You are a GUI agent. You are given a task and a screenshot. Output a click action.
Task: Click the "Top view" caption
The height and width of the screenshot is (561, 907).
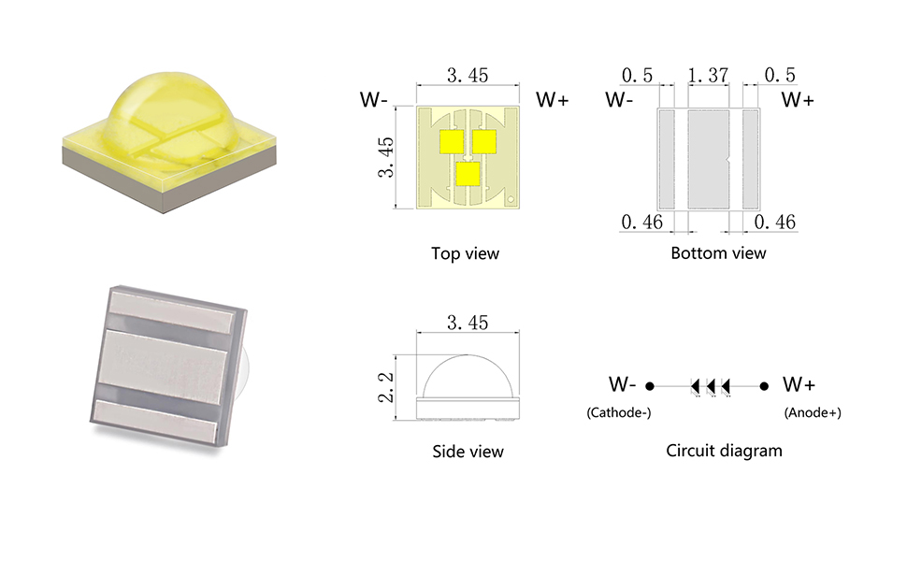point(465,253)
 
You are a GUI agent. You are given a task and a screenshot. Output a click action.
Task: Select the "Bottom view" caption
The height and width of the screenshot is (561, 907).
point(718,252)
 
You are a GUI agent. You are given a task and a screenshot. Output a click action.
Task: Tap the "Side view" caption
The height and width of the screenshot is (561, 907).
point(468,451)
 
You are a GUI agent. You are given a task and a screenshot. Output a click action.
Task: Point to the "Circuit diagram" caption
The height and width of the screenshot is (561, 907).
point(725,451)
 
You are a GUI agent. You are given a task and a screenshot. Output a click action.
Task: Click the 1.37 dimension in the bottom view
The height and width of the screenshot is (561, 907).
point(708,75)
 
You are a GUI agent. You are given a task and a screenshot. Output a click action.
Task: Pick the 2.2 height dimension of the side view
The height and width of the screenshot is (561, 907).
point(386,387)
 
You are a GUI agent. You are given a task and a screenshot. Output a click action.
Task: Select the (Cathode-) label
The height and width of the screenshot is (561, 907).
point(619,412)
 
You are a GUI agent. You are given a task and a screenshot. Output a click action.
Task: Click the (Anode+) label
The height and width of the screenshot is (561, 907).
point(813,412)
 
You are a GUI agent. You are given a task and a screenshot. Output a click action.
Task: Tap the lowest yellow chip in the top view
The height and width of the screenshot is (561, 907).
point(468,174)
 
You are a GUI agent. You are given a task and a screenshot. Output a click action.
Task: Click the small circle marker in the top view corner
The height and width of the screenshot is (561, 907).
point(511,199)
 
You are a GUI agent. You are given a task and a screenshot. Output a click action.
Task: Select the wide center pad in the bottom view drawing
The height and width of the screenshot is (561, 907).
point(709,160)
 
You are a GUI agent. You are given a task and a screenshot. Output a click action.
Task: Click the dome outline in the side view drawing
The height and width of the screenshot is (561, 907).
point(468,355)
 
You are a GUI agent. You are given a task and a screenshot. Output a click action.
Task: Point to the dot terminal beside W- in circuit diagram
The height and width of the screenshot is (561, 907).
point(650,386)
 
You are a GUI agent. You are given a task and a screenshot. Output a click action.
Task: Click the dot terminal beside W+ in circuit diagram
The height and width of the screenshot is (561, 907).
point(764,386)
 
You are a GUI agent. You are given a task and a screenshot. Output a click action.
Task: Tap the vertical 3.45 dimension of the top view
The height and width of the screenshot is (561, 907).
point(386,157)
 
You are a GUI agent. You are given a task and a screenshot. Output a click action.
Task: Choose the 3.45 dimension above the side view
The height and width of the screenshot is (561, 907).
point(468,323)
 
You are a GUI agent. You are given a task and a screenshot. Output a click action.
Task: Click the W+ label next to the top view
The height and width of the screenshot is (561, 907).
point(553,99)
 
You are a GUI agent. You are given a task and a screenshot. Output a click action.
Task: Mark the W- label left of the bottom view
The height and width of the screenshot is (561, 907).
point(620,99)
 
